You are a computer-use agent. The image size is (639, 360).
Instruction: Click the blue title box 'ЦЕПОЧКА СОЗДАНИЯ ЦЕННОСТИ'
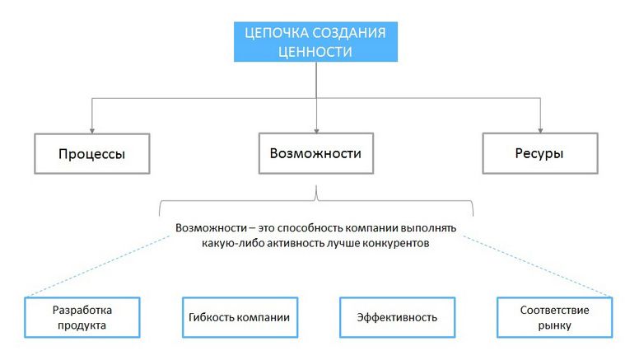(315, 41)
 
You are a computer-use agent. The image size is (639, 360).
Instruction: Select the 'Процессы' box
(91, 153)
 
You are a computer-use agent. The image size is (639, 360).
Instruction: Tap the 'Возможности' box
(315, 153)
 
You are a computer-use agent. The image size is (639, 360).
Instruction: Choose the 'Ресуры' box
(540, 153)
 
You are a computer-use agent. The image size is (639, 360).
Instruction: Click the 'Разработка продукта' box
(81, 318)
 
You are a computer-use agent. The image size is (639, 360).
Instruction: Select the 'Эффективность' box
(397, 318)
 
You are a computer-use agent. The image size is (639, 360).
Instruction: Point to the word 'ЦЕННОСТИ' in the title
(315, 51)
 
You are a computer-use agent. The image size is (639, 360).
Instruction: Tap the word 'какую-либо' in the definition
(230, 243)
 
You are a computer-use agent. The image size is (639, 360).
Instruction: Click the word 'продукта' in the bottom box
(81, 326)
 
